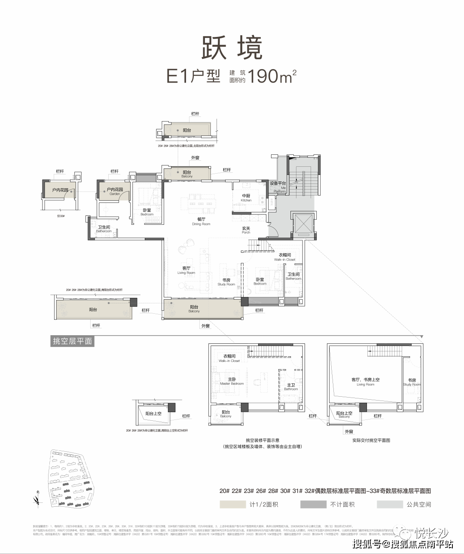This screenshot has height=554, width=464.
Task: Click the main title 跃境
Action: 232,48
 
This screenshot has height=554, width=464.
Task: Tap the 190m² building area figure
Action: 272,77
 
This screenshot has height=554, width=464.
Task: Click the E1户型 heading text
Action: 193,77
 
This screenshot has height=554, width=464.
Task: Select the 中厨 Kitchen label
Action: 246,198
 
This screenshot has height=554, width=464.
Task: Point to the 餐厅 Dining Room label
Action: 201,221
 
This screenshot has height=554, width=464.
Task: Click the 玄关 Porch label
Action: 246,230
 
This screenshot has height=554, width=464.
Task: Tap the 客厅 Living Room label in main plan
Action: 186,270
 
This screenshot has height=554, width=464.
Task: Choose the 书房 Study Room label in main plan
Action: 226,282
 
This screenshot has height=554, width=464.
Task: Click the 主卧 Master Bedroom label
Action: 232,381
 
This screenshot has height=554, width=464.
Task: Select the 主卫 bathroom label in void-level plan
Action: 291,387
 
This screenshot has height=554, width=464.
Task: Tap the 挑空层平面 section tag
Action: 72,341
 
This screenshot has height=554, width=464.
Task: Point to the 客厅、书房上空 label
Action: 365,382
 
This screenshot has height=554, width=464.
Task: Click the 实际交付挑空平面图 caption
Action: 371,440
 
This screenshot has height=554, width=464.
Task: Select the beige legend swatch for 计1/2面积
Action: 232,504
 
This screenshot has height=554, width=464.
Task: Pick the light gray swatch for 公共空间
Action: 390,504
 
